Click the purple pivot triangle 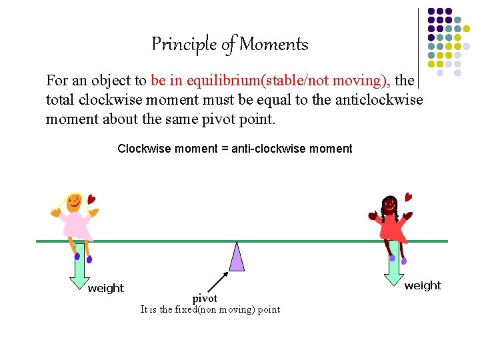click(x=237, y=258)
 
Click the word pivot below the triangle click(x=205, y=298)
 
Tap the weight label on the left click(x=106, y=288)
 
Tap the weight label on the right click(x=423, y=285)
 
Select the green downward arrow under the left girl click(x=79, y=267)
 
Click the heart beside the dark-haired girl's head click(x=408, y=197)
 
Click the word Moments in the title click(x=273, y=45)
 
